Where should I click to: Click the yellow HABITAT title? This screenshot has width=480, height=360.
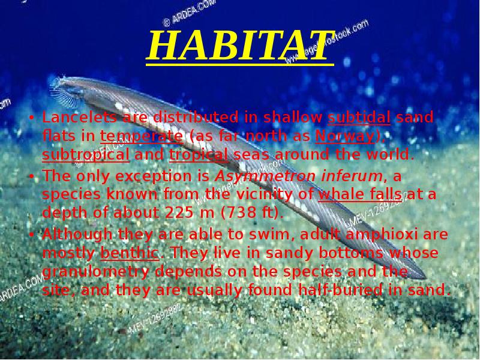(x=239, y=46)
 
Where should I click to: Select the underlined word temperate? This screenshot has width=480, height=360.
(x=142, y=136)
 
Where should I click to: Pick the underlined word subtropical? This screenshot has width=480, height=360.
(x=85, y=155)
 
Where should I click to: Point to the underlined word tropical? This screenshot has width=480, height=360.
(x=199, y=155)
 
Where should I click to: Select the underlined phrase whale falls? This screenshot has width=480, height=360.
(x=362, y=195)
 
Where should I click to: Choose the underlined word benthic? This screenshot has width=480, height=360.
(x=130, y=253)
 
